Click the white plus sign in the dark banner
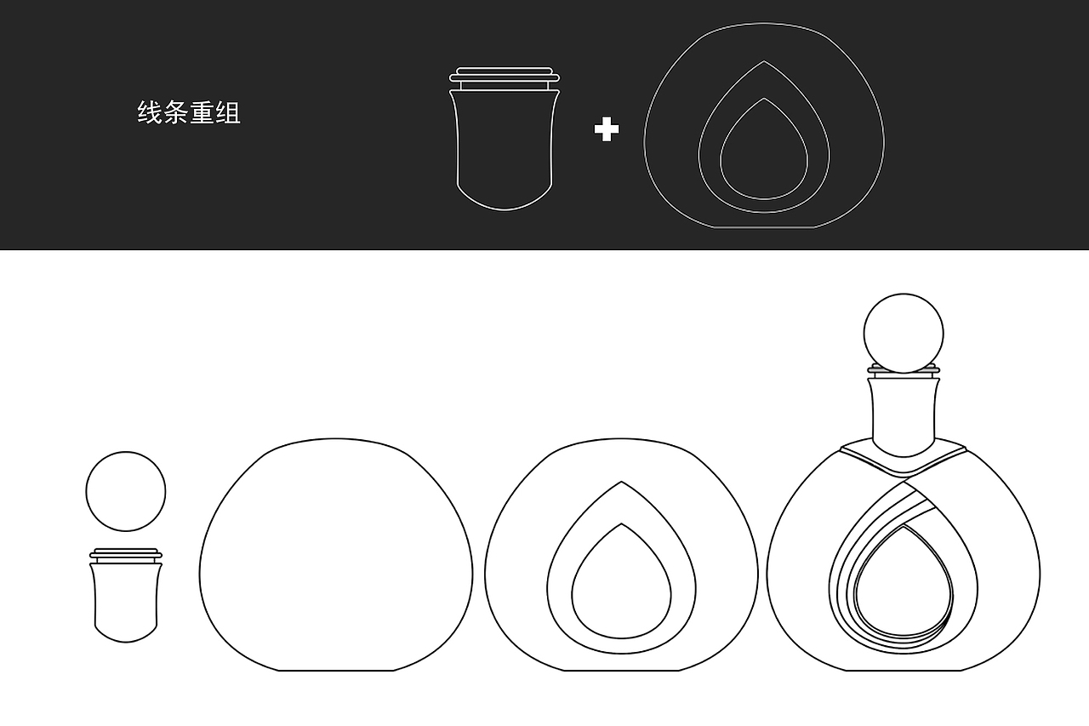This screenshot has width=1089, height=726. [606, 130]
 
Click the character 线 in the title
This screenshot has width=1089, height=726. [150, 113]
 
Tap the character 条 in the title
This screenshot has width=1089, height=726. [176, 113]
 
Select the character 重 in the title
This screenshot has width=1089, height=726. [202, 113]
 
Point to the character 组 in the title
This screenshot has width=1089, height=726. [229, 113]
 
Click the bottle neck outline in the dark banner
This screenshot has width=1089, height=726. [505, 145]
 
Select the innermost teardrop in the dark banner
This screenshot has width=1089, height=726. [763, 153]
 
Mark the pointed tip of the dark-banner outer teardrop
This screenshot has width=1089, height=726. [763, 62]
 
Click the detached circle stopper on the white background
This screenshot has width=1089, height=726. [126, 492]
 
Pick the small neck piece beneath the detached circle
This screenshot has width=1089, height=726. [126, 600]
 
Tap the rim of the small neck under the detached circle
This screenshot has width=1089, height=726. [126, 554]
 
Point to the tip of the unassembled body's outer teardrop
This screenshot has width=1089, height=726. [621, 483]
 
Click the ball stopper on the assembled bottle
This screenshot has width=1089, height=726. [904, 333]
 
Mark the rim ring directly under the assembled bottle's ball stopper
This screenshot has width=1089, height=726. [904, 371]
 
